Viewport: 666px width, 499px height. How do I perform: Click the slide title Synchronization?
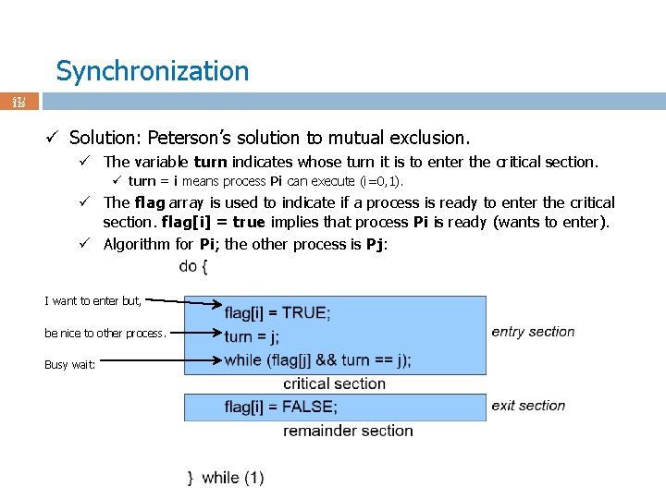tap(152, 71)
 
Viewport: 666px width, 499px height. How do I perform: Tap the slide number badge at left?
tap(18, 101)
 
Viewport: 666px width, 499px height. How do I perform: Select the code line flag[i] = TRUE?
tap(277, 312)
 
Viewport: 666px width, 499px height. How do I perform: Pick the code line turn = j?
tap(252, 336)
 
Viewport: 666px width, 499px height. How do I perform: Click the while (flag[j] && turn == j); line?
tap(317, 360)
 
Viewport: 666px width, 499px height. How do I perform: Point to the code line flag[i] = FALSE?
tap(280, 407)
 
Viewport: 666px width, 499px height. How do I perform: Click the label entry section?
tap(533, 332)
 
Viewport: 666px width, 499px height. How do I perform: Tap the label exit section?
tap(528, 406)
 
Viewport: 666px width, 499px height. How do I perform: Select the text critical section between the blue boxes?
tap(334, 383)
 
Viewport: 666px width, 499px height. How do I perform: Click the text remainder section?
tap(348, 431)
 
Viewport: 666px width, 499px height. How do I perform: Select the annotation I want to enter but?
tap(92, 300)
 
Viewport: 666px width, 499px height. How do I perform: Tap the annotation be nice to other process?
tap(105, 333)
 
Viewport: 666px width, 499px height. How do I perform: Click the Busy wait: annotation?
tap(69, 365)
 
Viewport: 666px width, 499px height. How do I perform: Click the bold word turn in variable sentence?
tap(211, 163)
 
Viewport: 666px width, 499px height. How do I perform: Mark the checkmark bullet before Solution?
tap(54, 138)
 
